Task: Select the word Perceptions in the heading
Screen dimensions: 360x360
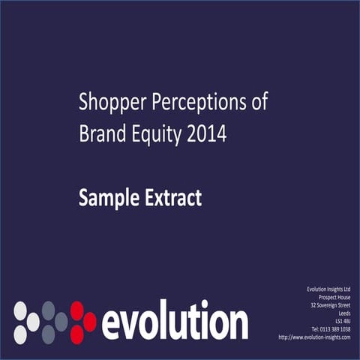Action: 199,103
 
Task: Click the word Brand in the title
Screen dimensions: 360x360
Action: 99,135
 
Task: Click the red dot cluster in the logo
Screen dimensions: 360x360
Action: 82,322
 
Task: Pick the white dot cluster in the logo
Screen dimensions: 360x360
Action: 26,322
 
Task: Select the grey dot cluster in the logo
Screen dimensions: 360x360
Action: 53,322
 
